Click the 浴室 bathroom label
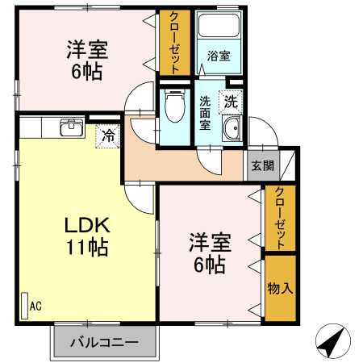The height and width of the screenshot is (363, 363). [x=219, y=56]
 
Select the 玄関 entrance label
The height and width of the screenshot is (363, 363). [x=262, y=165]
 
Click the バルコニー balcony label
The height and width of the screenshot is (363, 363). [x=103, y=340]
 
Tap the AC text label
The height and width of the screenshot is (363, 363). [x=36, y=306]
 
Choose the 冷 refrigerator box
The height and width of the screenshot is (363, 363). [x=107, y=136]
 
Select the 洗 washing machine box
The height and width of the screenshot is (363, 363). [x=231, y=102]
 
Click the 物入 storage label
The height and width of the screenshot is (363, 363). [x=280, y=287]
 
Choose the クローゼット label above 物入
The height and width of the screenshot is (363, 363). [x=280, y=219]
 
